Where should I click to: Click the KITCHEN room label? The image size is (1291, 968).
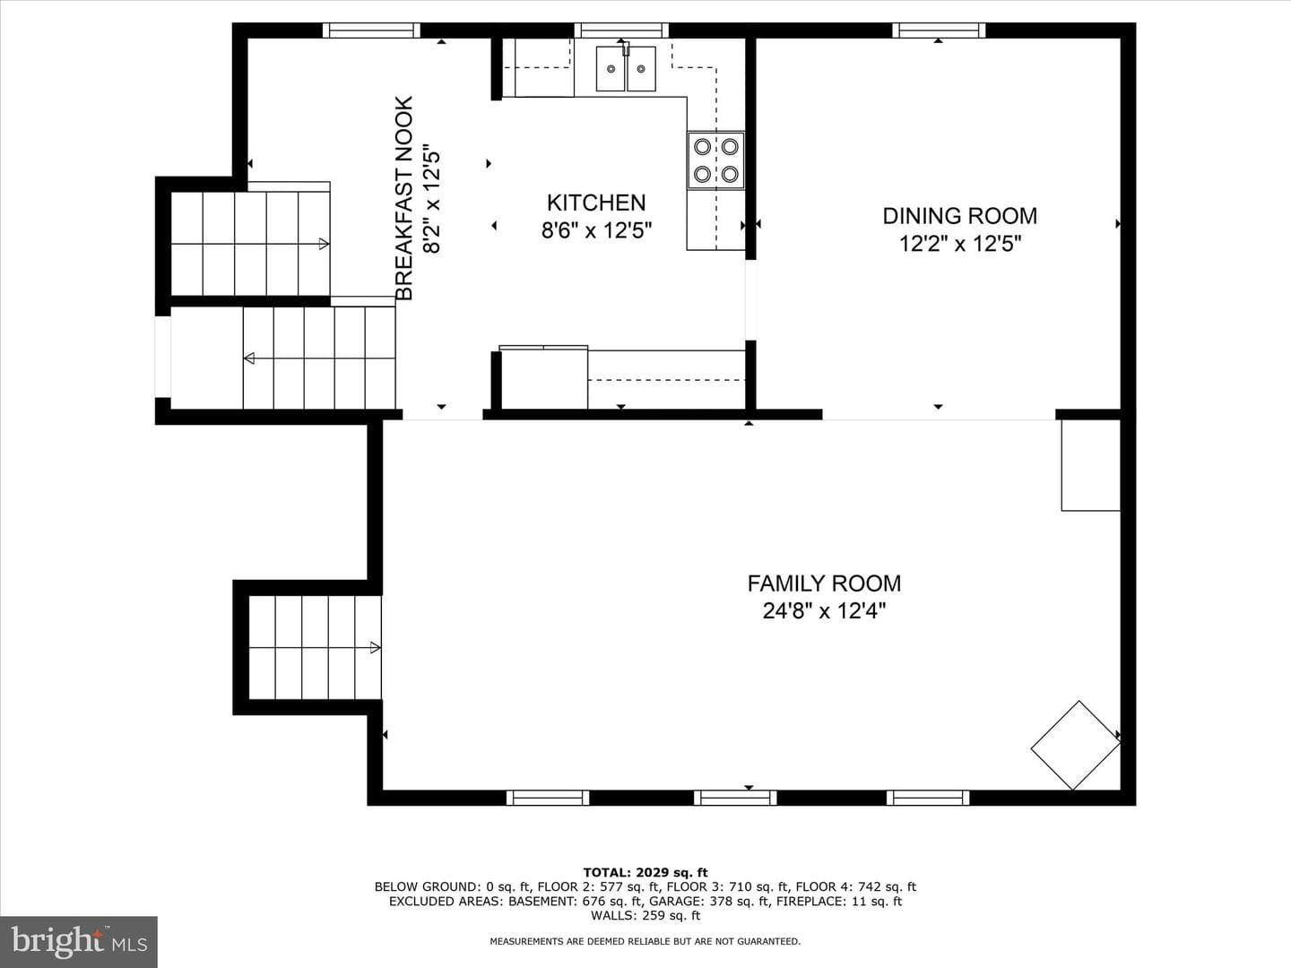(x=596, y=203)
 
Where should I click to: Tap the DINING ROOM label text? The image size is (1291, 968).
(x=959, y=216)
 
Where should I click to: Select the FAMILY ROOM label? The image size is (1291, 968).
(x=824, y=583)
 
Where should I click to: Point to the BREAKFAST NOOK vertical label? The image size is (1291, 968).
(x=404, y=198)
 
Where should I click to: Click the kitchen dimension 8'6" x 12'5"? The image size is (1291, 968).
(x=596, y=230)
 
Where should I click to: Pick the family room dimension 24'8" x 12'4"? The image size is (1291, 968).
(x=824, y=611)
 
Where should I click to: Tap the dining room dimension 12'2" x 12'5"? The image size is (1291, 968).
(x=959, y=243)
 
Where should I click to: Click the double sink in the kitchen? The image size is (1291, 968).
(x=626, y=69)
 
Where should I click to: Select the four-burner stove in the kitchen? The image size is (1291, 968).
(x=715, y=160)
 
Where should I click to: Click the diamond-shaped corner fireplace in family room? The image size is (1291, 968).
(x=1076, y=745)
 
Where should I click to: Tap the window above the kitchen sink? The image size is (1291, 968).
(x=621, y=30)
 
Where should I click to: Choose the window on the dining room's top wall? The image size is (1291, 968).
(x=939, y=30)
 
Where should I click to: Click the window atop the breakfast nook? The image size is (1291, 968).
(x=371, y=30)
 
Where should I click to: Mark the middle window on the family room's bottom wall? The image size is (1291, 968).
(x=735, y=798)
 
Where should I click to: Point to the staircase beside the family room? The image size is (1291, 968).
(x=315, y=648)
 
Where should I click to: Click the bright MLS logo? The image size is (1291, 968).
(x=79, y=942)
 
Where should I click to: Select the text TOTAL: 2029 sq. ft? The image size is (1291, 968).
(x=645, y=873)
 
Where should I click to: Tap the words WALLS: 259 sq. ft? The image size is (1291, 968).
(x=645, y=915)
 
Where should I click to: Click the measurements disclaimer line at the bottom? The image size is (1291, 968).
(x=645, y=941)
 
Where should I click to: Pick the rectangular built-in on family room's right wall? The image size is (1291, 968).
(x=1091, y=465)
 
